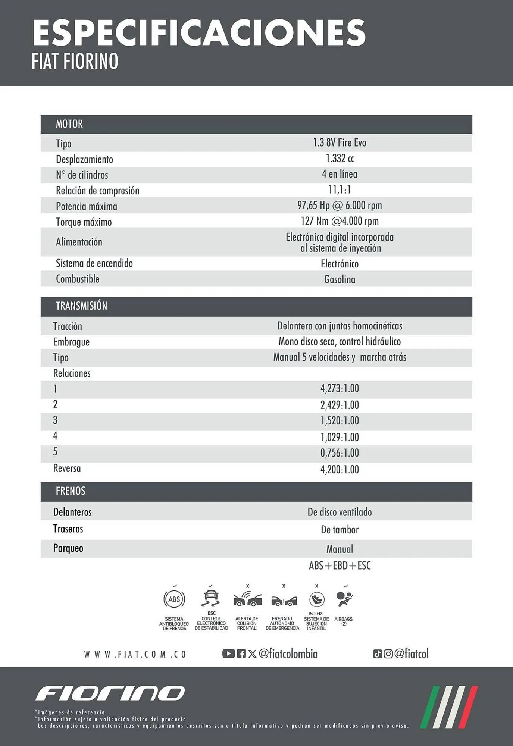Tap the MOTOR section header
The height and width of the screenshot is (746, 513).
click(x=69, y=124)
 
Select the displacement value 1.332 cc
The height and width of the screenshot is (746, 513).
click(x=340, y=159)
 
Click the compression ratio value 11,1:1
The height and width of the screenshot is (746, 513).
click(x=340, y=190)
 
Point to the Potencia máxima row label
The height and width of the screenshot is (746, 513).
click(x=86, y=206)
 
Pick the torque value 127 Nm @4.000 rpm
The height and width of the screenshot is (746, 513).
click(x=340, y=221)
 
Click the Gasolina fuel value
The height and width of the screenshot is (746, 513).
click(x=340, y=279)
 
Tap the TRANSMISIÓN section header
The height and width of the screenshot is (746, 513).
click(x=81, y=306)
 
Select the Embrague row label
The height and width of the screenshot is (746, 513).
click(x=71, y=342)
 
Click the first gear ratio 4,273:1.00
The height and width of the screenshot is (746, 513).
click(x=340, y=389)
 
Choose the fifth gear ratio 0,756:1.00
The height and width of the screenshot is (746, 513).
click(x=340, y=453)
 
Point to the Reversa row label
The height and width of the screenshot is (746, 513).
click(x=67, y=468)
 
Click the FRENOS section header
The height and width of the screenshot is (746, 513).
click(x=71, y=491)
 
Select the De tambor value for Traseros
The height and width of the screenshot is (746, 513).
click(x=340, y=530)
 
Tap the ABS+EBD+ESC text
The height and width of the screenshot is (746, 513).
click(x=340, y=566)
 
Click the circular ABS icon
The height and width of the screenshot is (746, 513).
click(x=174, y=599)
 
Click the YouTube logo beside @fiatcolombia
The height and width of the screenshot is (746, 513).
click(x=228, y=653)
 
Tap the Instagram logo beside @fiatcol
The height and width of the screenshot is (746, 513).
click(x=388, y=654)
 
